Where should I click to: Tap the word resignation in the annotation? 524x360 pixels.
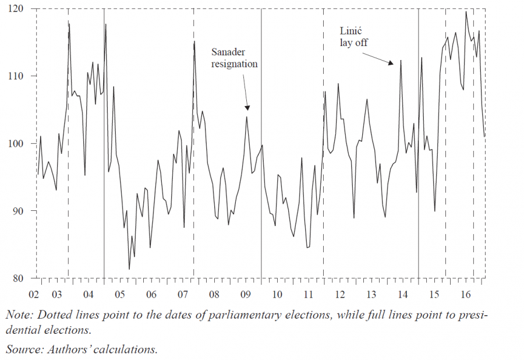(234, 63)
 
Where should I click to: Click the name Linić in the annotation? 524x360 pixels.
(351, 31)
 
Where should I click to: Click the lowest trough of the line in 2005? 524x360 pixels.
(129, 269)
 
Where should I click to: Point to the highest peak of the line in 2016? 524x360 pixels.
(466, 12)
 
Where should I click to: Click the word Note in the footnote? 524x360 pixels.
(19, 315)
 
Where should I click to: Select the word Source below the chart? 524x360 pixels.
(22, 350)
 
